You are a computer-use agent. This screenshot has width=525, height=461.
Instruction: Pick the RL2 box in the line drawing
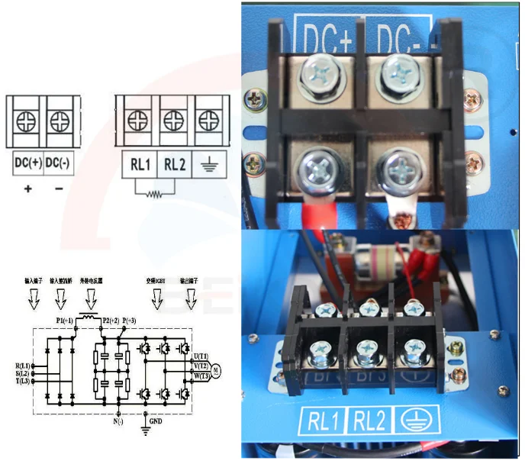175,163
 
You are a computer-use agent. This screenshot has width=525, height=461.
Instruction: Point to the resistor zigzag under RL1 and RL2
156,193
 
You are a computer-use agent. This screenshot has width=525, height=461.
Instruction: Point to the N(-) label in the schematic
118,421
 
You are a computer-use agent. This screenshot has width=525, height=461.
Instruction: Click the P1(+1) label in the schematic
64,321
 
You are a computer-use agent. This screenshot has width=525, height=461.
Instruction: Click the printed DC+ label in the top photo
327,34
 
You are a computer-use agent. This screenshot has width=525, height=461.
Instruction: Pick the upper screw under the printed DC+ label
319,74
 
